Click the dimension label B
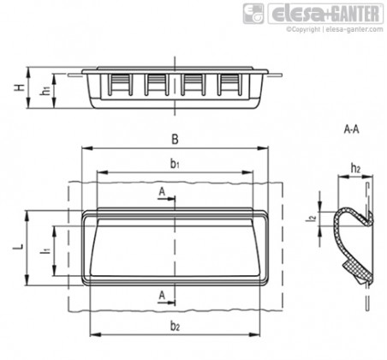pyautogui.click(x=175, y=140)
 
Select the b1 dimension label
pyautogui.click(x=175, y=164)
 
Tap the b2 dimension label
pyautogui.click(x=175, y=326)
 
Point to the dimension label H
pyautogui.click(x=20, y=87)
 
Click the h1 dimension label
pyautogui.click(x=45, y=90)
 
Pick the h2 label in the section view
pyautogui.click(x=355, y=169)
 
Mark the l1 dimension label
pyautogui.click(x=45, y=251)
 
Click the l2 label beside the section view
pyautogui.click(x=313, y=219)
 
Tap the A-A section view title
pyautogui.click(x=352, y=129)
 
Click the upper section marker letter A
pyautogui.click(x=162, y=192)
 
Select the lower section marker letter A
pyautogui.click(x=162, y=295)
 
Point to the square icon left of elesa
pyautogui.click(x=253, y=14)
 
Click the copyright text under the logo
pyautogui.click(x=335, y=29)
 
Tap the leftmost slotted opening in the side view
pyautogui.click(x=120, y=85)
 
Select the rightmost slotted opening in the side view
pyautogui.click(x=229, y=85)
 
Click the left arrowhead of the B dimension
pyautogui.click(x=87, y=148)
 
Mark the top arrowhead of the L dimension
pyautogui.click(x=27, y=216)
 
